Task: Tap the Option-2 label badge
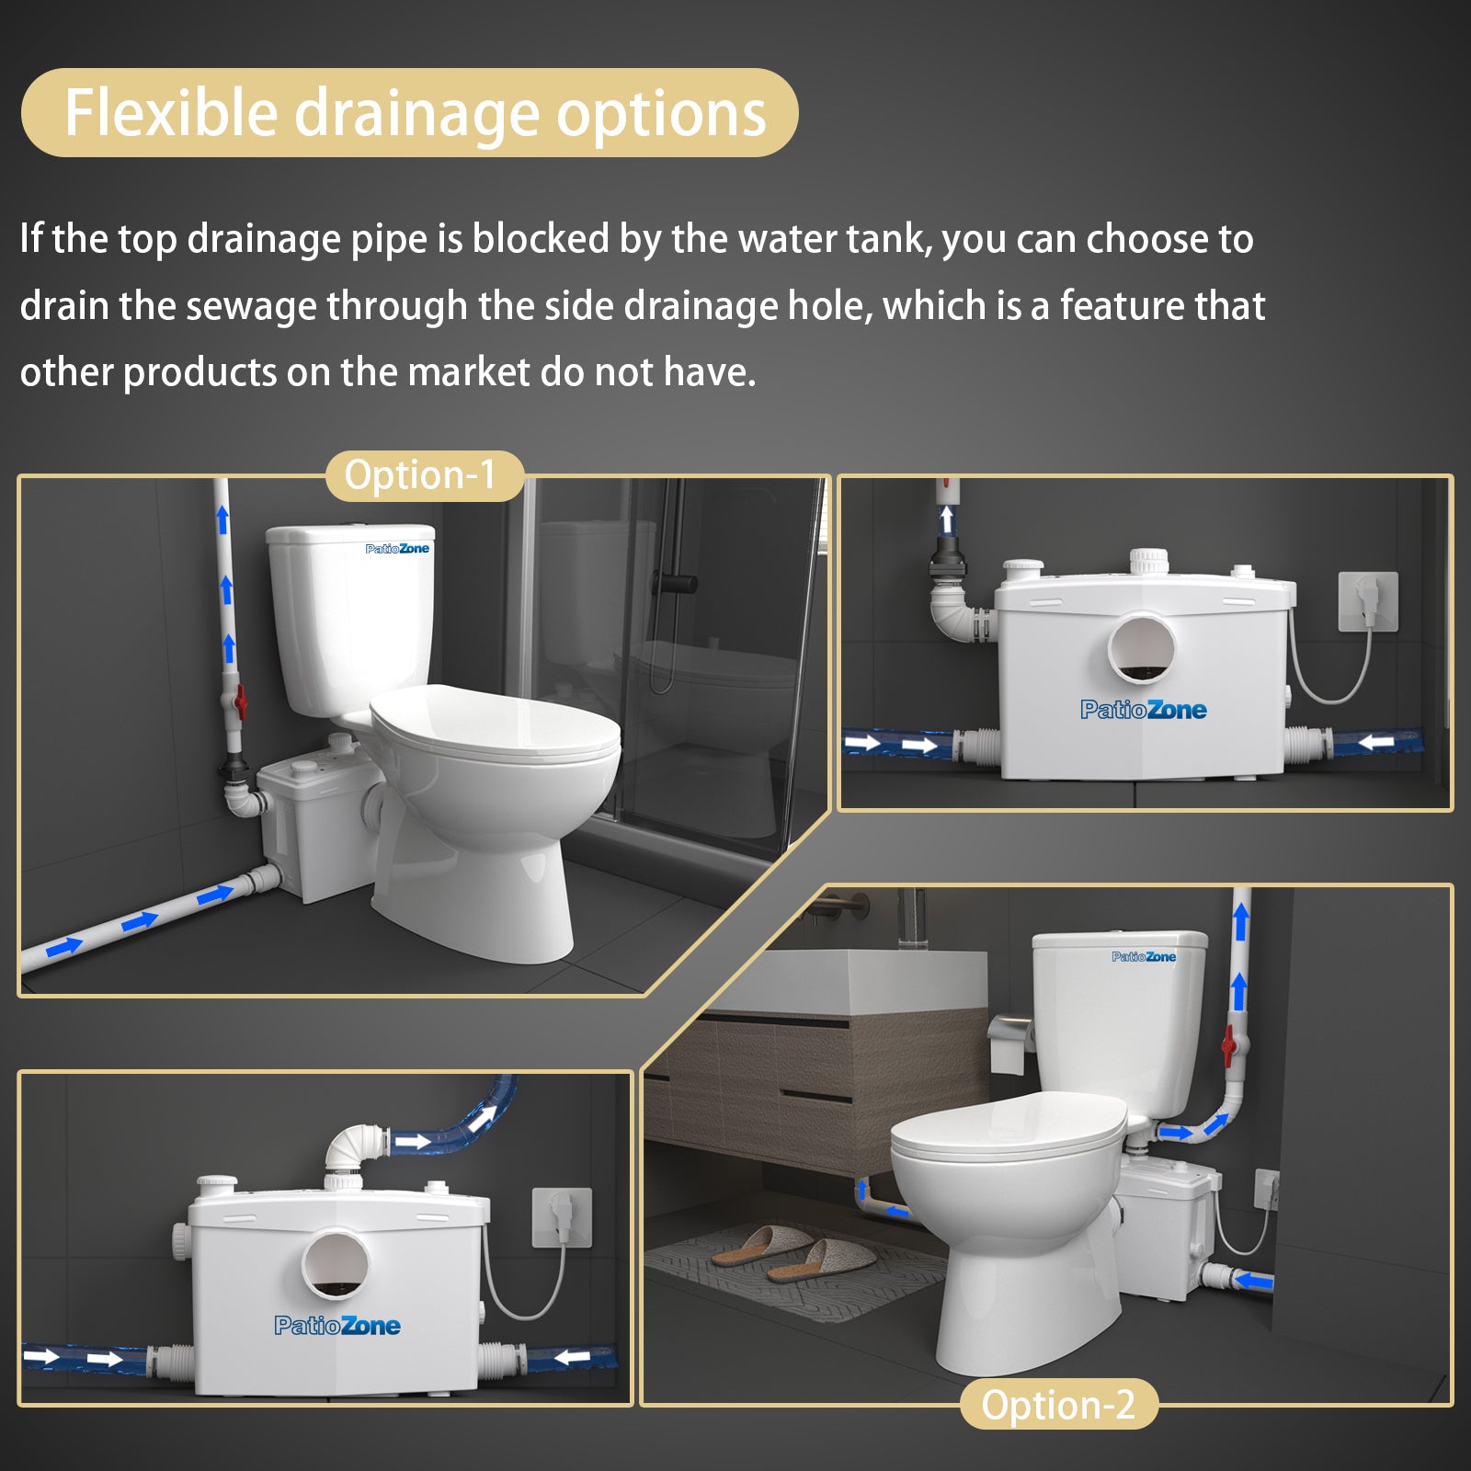pyautogui.click(x=1058, y=1405)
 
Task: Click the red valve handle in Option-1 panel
pyautogui.click(x=241, y=701)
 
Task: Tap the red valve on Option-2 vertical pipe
pyautogui.click(x=1227, y=1044)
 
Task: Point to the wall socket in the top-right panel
pyautogui.click(x=1367, y=601)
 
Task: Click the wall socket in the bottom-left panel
pyautogui.click(x=562, y=1216)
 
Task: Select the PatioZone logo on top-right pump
pyautogui.click(x=1143, y=710)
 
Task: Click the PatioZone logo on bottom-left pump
pyautogui.click(x=336, y=1326)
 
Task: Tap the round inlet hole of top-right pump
pyautogui.click(x=1141, y=647)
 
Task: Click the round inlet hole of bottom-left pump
pyautogui.click(x=336, y=1264)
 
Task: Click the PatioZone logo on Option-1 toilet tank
pyautogui.click(x=397, y=549)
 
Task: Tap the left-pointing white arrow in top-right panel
pyautogui.click(x=1376, y=741)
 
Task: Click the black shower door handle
pyautogui.click(x=676, y=583)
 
